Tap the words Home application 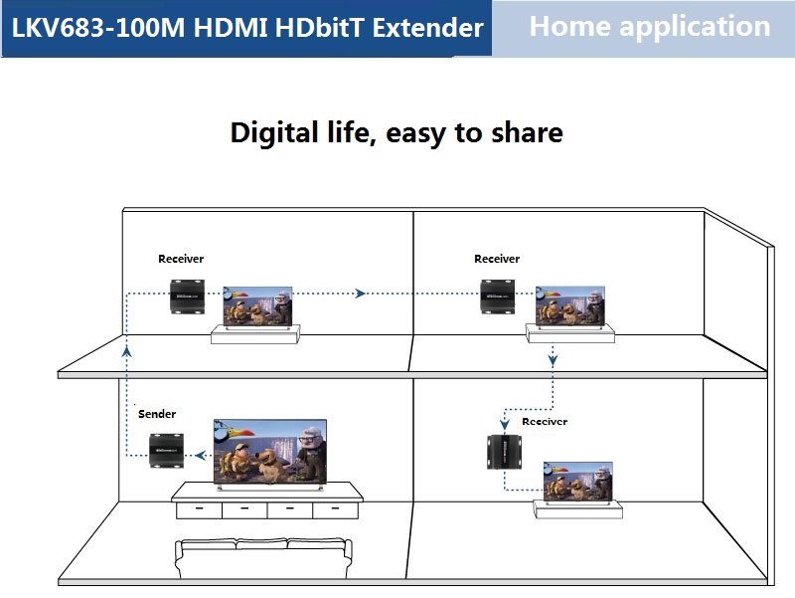coord(649,27)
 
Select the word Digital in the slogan coord(275,132)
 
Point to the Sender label coord(157,414)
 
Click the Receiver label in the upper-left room coord(181,259)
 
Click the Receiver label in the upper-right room coord(497,259)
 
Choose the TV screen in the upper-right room coord(569,305)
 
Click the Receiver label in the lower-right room coord(545,422)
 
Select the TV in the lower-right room coord(577,480)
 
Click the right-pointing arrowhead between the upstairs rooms coord(361,293)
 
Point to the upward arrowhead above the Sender coord(127,350)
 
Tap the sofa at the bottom coord(263,560)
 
